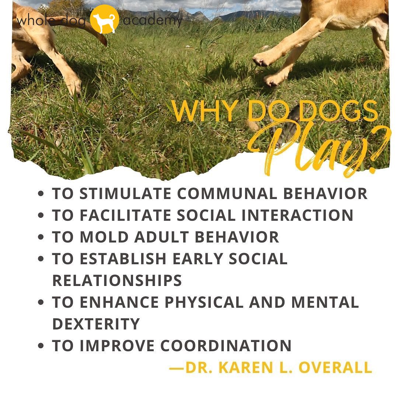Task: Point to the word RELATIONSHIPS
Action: click(x=117, y=280)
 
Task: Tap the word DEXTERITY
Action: click(x=96, y=324)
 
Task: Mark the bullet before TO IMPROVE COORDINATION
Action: click(x=41, y=346)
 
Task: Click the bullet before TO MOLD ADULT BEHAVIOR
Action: click(x=41, y=237)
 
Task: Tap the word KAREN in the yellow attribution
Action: click(x=250, y=367)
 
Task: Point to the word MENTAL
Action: click(x=325, y=302)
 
